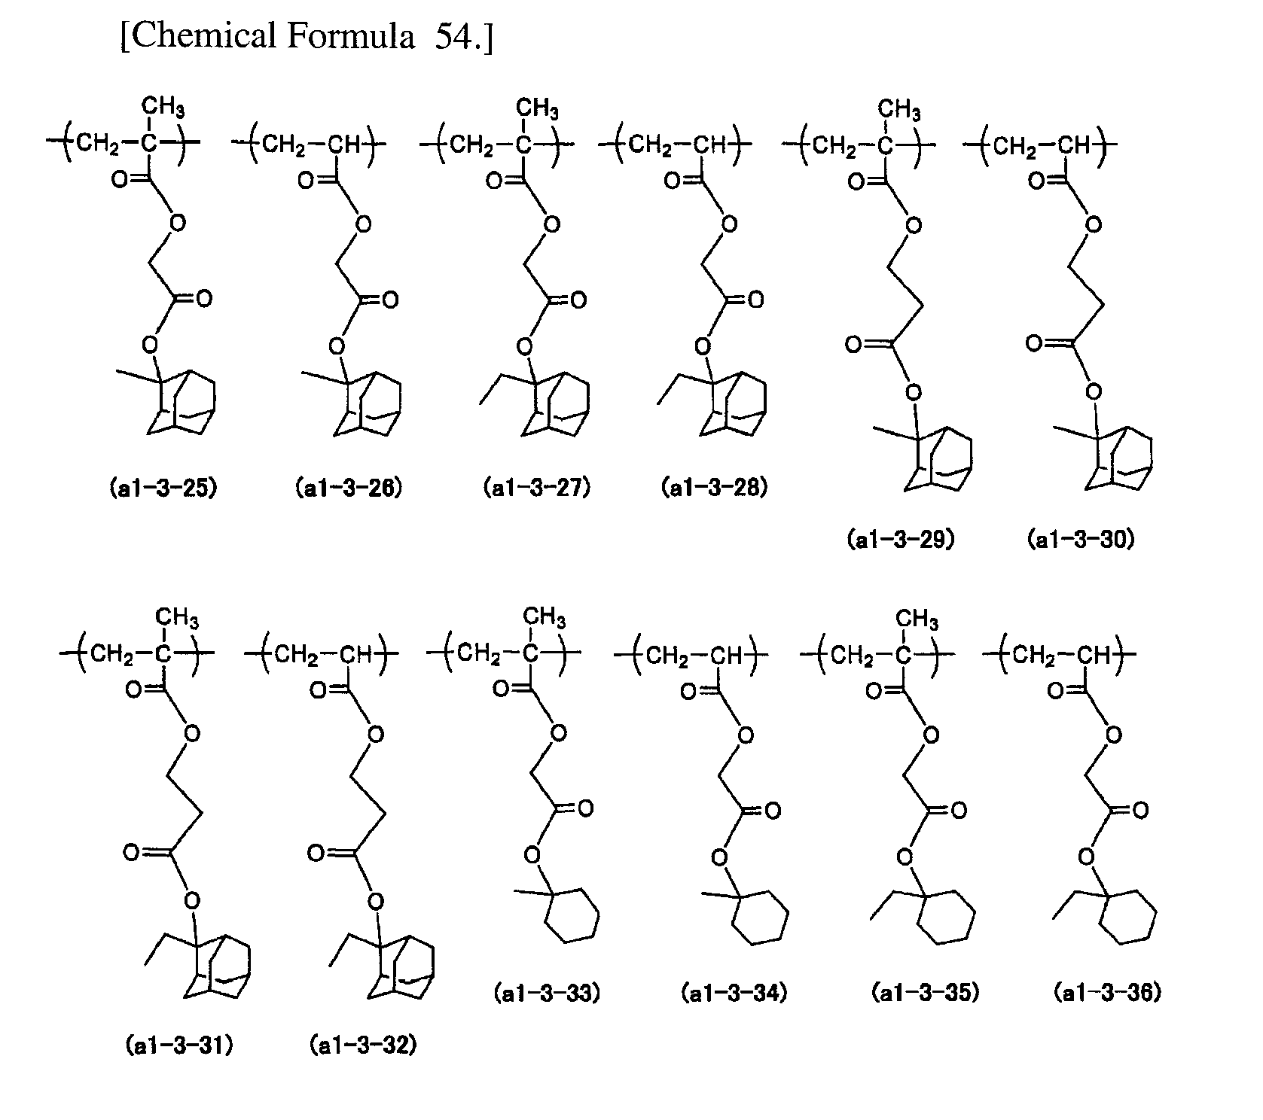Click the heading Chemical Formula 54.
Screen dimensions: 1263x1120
point(307,36)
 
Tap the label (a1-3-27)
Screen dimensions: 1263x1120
point(537,488)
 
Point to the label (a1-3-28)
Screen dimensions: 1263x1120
point(715,488)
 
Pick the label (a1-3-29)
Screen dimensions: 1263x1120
point(901,540)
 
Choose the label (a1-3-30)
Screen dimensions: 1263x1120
point(1081,540)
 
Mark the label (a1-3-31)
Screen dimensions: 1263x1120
point(179,1045)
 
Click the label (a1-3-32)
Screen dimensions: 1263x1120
point(363,1045)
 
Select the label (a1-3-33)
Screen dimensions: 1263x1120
point(548,994)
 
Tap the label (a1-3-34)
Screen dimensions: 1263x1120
point(734,994)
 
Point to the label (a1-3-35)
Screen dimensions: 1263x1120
point(926,994)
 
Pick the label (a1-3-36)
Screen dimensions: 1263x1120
point(1108,994)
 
